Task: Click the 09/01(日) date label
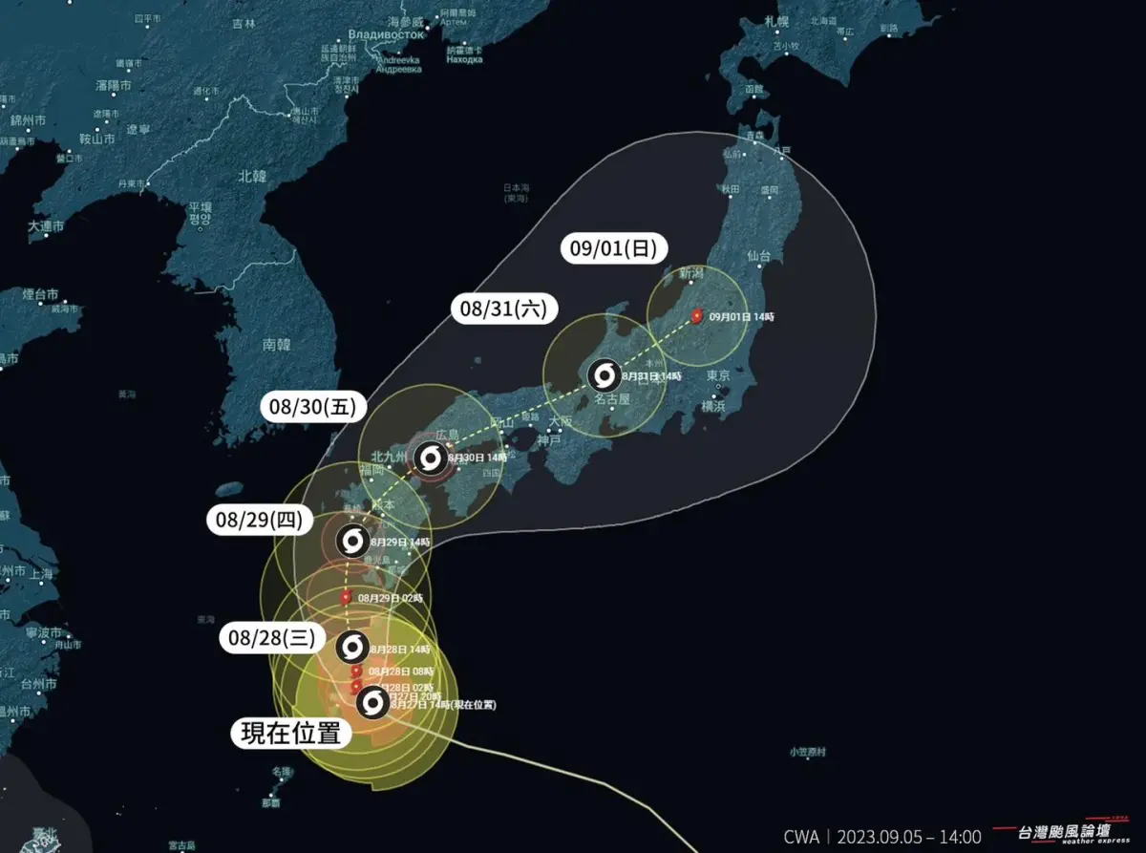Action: [613, 249]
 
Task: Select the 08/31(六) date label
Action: [504, 309]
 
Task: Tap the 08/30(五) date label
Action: [312, 407]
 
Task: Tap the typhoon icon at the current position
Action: [372, 704]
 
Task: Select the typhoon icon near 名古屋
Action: [605, 374]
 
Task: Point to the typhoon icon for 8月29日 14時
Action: [352, 542]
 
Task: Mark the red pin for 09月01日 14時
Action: [696, 315]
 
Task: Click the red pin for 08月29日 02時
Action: [346, 597]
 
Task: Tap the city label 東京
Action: [718, 376]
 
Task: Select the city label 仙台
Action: [759, 256]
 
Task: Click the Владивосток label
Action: [386, 34]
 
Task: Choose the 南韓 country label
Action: [276, 345]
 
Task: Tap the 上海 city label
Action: [41, 574]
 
